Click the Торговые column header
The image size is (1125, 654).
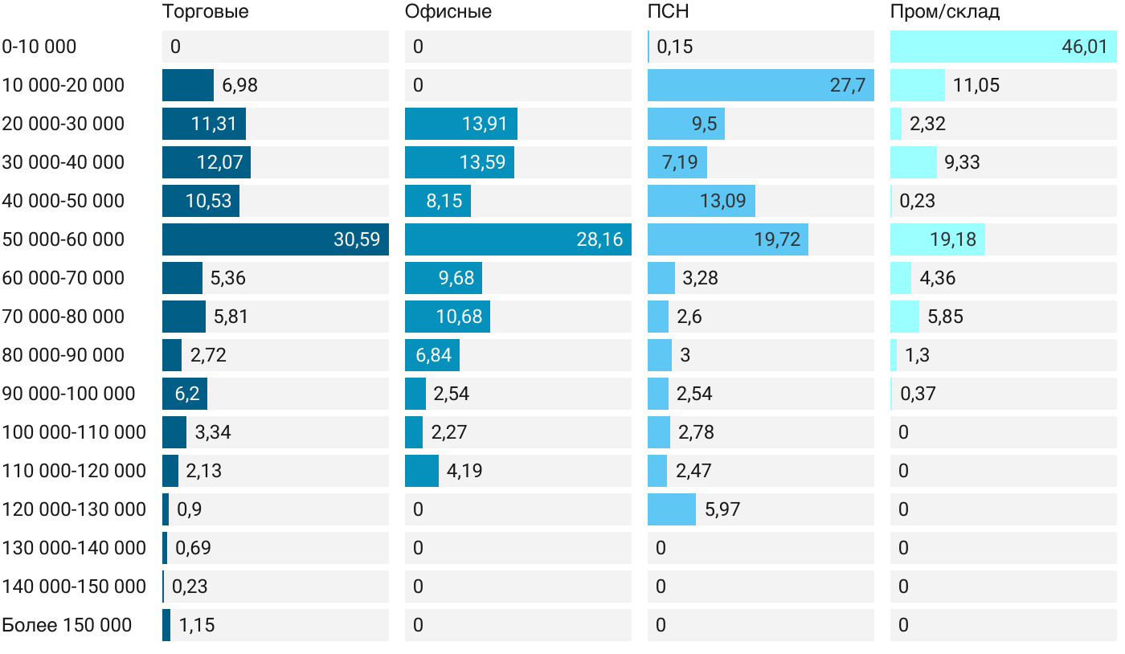(x=205, y=11)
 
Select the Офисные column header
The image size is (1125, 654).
(x=448, y=11)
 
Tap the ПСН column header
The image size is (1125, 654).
(x=669, y=11)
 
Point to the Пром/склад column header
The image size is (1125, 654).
(x=945, y=11)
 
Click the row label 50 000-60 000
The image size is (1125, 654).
(x=63, y=239)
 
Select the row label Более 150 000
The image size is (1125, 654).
(x=67, y=625)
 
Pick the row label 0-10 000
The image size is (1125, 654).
(x=39, y=47)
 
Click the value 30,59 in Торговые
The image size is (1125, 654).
(x=357, y=239)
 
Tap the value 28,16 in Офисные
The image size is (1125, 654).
(x=599, y=239)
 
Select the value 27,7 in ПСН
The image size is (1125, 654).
(x=848, y=85)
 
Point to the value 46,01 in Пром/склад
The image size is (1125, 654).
(x=1084, y=47)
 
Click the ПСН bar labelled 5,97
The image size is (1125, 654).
(x=672, y=509)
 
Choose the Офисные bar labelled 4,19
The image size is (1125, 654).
(x=422, y=471)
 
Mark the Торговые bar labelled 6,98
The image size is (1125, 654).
(x=188, y=85)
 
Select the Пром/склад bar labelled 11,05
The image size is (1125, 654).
(x=918, y=85)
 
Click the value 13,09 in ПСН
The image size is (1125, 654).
(x=723, y=201)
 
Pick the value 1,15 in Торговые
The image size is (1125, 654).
(x=197, y=625)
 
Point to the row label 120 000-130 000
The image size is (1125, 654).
(x=74, y=509)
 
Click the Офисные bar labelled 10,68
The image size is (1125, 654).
(x=448, y=317)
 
